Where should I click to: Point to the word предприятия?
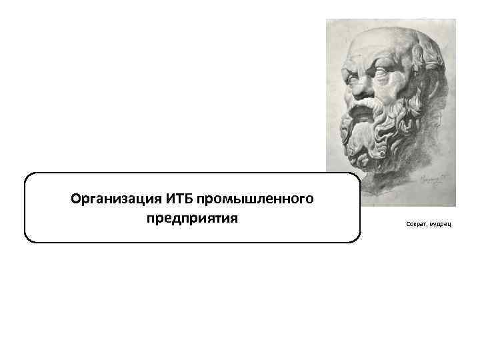click(192, 219)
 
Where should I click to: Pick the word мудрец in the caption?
click(439, 225)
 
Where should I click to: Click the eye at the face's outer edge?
click(347, 68)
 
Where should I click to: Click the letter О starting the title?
click(75, 199)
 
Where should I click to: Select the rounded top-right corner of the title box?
click(355, 177)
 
